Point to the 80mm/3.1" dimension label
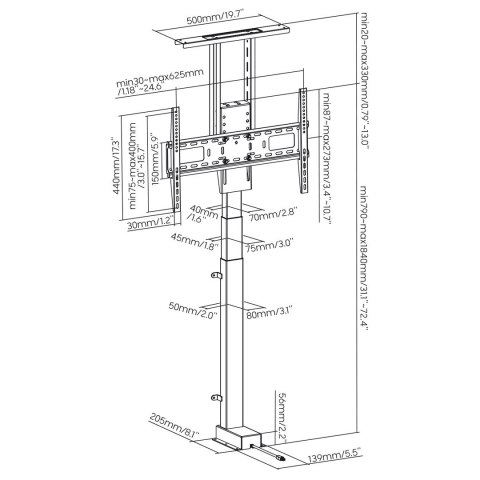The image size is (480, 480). coord(268,314)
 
